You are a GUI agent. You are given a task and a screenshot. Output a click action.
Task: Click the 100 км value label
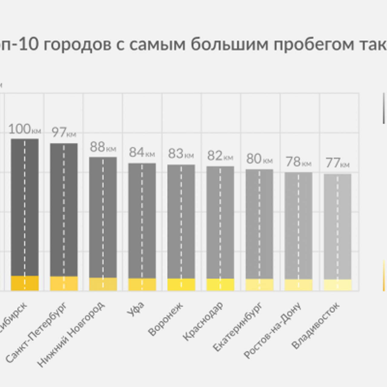point(24,129)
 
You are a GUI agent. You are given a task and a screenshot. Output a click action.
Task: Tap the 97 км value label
point(63,132)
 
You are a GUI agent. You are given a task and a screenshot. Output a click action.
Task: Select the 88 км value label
point(103,147)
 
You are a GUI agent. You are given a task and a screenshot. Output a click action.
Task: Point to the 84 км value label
point(142,152)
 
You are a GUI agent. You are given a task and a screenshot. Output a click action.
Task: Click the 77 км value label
point(337,163)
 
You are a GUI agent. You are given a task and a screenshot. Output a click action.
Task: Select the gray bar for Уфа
point(142,220)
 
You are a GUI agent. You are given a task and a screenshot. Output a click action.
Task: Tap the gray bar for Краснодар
point(220,222)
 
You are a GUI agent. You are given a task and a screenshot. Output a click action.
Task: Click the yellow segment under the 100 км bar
point(24,283)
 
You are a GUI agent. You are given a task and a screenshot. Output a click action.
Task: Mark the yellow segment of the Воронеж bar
point(181,285)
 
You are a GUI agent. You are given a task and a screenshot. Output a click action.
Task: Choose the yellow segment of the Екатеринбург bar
point(259,285)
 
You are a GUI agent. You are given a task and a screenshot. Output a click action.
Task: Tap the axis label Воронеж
point(165,319)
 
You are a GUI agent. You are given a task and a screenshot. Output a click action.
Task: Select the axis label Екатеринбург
point(238,327)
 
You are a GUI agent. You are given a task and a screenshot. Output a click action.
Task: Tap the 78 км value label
point(298,162)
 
